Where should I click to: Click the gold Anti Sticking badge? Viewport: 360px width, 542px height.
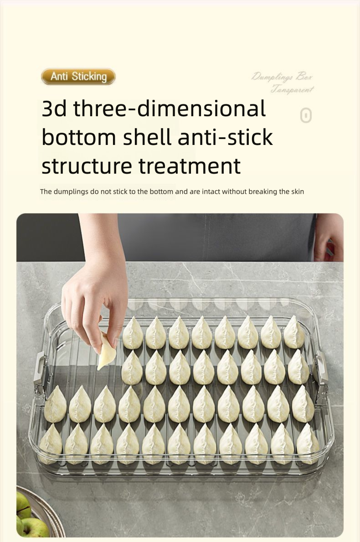pyautogui.click(x=78, y=77)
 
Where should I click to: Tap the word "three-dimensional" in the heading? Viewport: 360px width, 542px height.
pyautogui.click(x=170, y=109)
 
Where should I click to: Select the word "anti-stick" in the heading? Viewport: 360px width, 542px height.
pyautogui.click(x=225, y=137)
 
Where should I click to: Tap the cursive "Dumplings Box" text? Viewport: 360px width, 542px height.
pyautogui.click(x=282, y=77)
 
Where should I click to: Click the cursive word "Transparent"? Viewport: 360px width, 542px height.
pyautogui.click(x=292, y=89)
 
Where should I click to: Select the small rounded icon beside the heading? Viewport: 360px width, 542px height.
pyautogui.click(x=306, y=116)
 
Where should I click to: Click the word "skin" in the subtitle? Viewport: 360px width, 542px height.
pyautogui.click(x=297, y=191)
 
